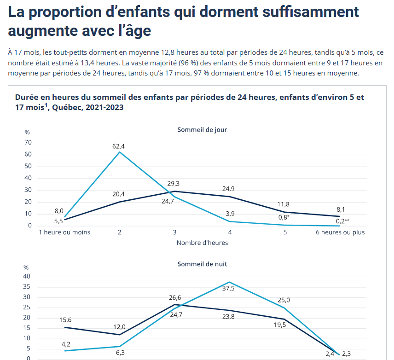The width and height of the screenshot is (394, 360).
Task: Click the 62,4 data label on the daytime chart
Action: pyautogui.click(x=119, y=146)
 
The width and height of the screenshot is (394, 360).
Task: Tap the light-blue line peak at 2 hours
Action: pyautogui.click(x=120, y=152)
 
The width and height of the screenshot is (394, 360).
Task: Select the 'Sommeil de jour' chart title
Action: pyautogui.click(x=202, y=130)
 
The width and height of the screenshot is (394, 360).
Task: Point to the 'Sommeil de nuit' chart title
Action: pyautogui.click(x=202, y=264)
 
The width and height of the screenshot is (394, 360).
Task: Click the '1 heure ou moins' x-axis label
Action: pyautogui.click(x=64, y=232)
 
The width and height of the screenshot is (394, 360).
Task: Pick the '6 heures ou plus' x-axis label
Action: pyautogui.click(x=340, y=232)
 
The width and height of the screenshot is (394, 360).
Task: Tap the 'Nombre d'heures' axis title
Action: pyautogui.click(x=202, y=243)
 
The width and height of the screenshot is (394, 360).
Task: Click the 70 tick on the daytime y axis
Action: pyautogui.click(x=28, y=143)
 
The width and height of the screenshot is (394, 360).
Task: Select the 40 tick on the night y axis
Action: pyautogui.click(x=27, y=277)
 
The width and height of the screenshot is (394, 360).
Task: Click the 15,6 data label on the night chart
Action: pyautogui.click(x=65, y=320)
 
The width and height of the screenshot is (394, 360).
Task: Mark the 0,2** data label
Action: pyautogui.click(x=342, y=221)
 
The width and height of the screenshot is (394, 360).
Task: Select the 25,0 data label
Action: pyautogui.click(x=284, y=300)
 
